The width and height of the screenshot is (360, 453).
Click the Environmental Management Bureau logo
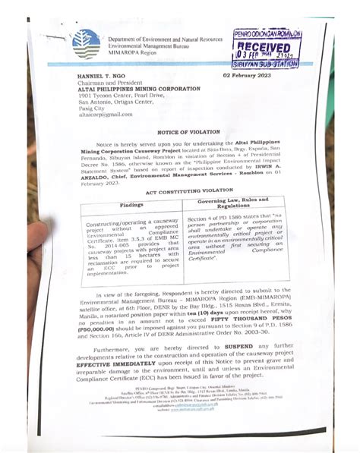coord(85,43)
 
